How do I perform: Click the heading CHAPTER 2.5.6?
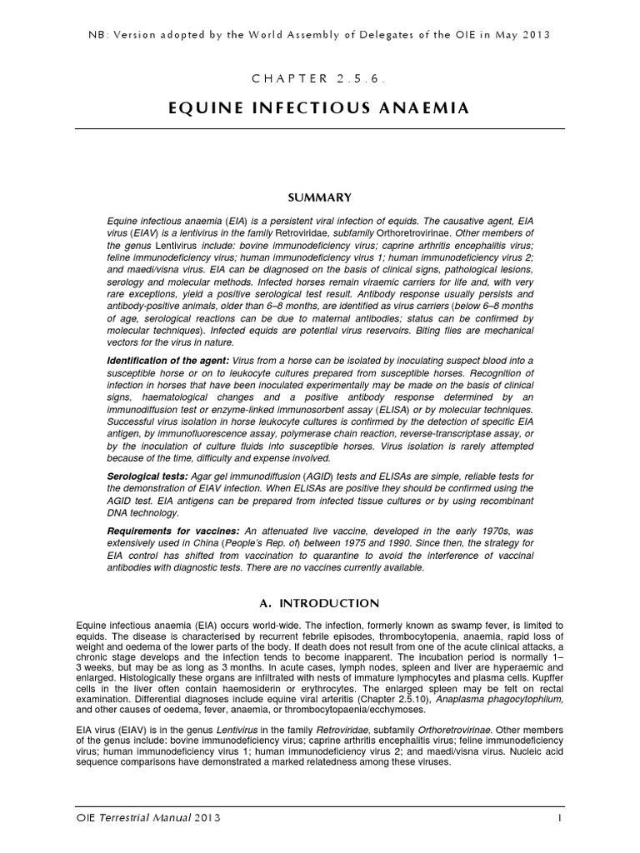pyautogui.click(x=319, y=77)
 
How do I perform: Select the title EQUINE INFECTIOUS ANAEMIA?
pyautogui.click(x=319, y=107)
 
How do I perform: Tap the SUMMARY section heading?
pyautogui.click(x=319, y=197)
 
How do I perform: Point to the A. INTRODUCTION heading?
pyautogui.click(x=319, y=603)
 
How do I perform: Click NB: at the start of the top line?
pyautogui.click(x=97, y=34)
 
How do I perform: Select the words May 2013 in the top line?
pyautogui.click(x=522, y=34)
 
